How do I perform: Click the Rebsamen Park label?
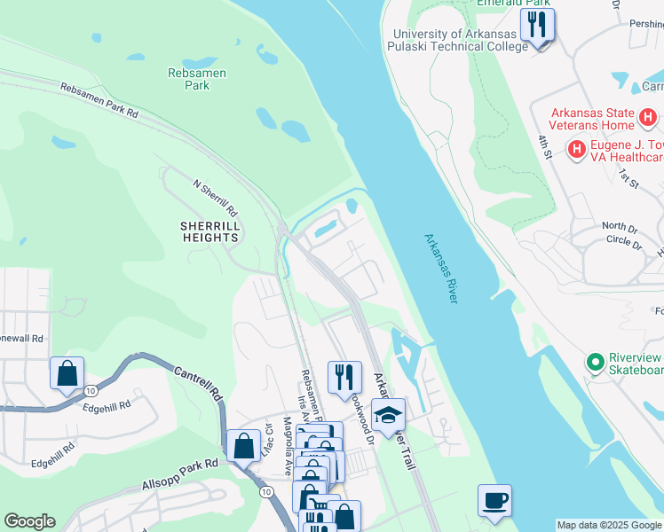[x=189, y=79]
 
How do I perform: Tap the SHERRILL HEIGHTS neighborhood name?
[x=209, y=231]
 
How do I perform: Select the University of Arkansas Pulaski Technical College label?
[x=461, y=40]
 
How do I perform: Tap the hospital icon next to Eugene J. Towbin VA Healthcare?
[x=576, y=150]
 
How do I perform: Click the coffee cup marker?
[x=494, y=500]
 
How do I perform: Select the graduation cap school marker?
[x=388, y=415]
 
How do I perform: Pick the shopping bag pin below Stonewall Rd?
[x=67, y=373]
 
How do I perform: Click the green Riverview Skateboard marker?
[x=594, y=364]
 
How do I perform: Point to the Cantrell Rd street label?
[x=195, y=382]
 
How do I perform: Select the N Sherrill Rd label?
[x=216, y=198]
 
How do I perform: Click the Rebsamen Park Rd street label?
[x=99, y=100]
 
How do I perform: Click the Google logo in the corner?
[x=29, y=520]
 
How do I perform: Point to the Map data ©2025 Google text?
[x=608, y=525]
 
